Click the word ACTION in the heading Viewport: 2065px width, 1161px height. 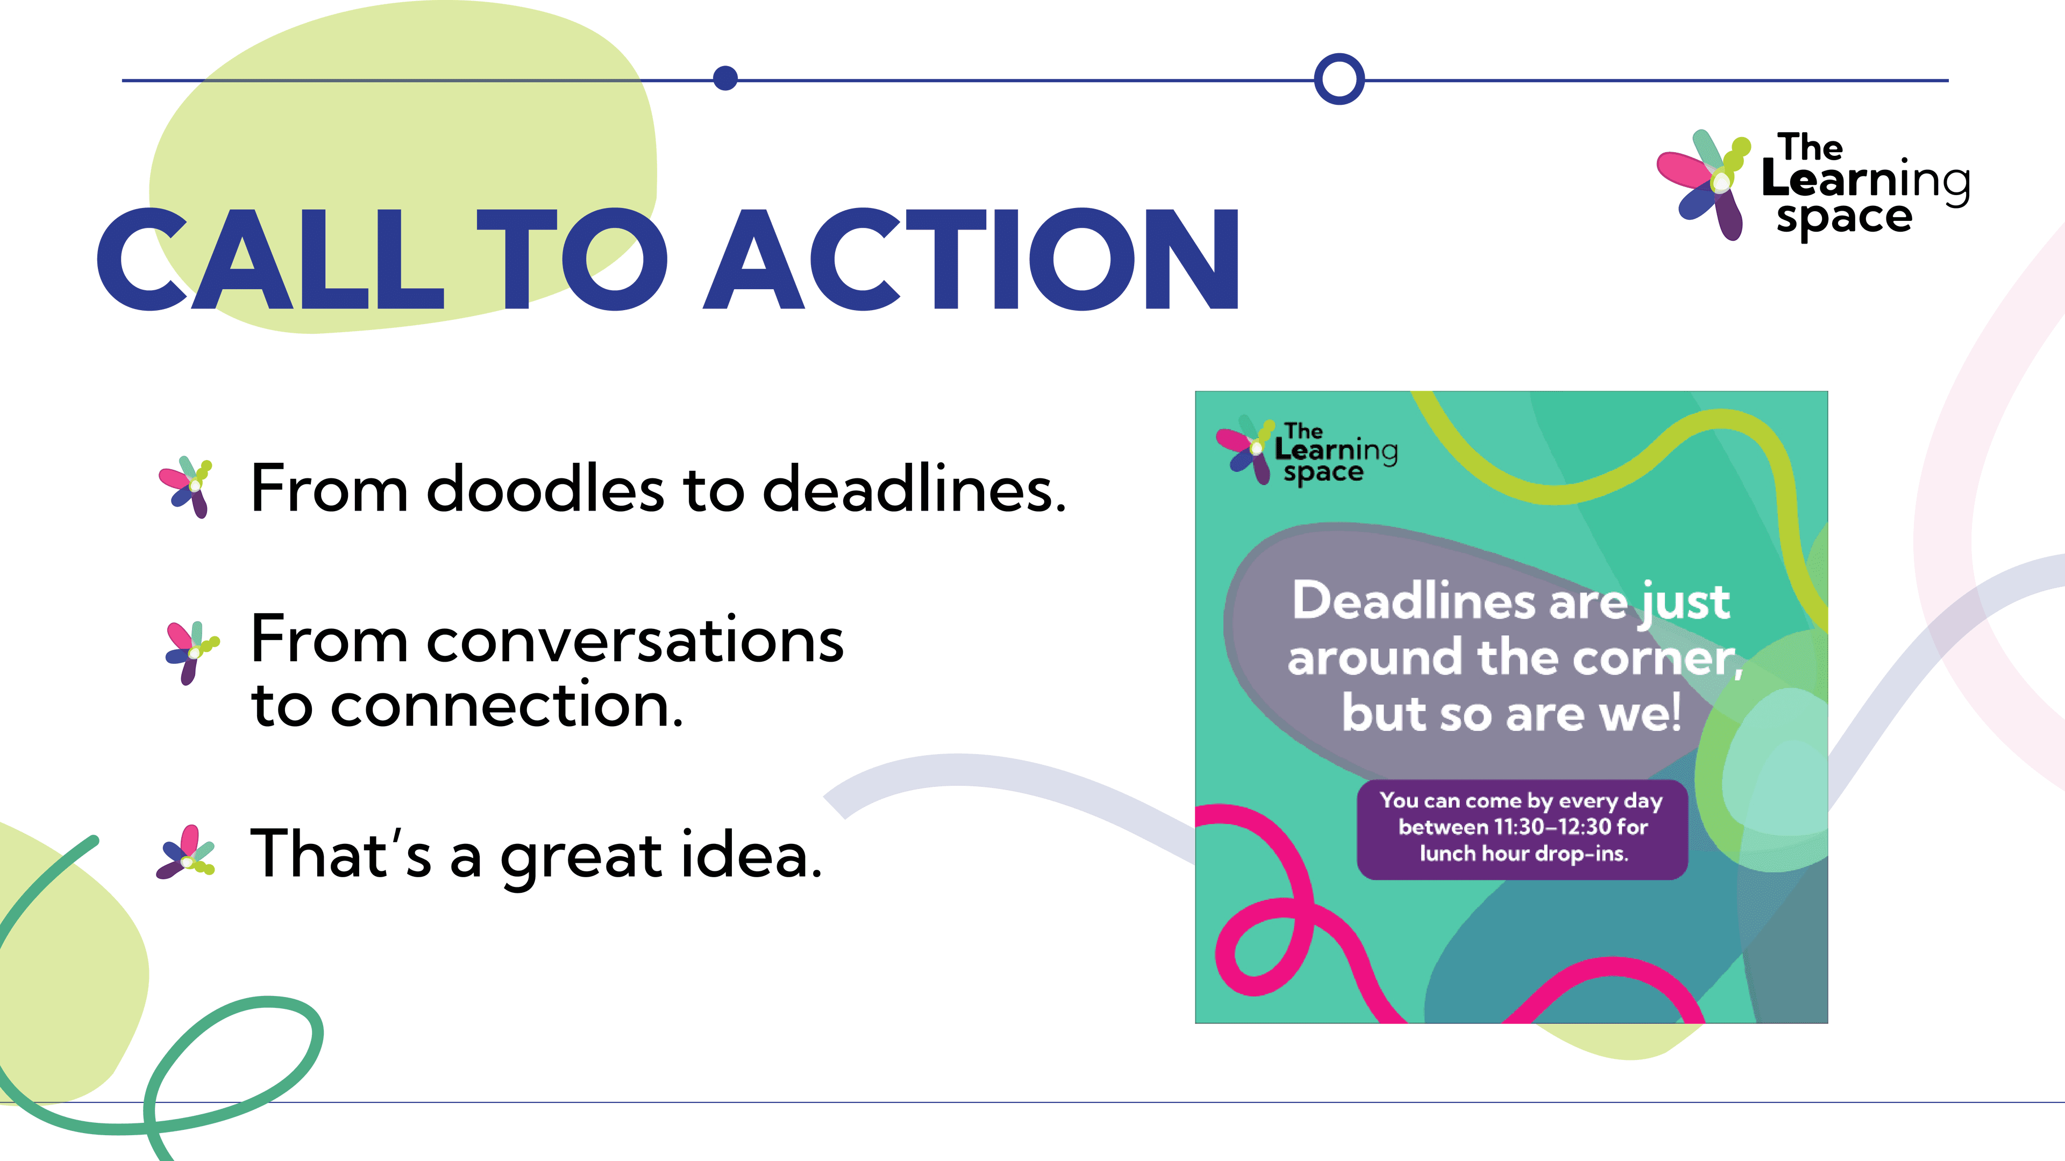click(972, 259)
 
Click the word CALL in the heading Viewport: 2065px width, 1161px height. click(269, 259)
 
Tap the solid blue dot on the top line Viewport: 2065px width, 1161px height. click(725, 78)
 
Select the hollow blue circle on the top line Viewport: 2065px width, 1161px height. click(1338, 78)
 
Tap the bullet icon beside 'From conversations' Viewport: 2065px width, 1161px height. click(191, 652)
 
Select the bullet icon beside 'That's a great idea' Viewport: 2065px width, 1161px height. click(186, 852)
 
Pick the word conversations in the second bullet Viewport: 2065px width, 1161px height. click(635, 642)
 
